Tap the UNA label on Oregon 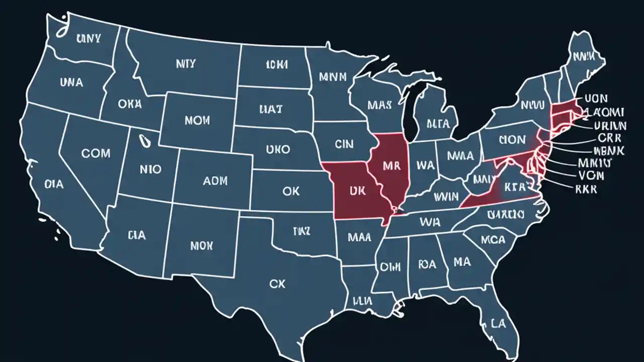pos(71,82)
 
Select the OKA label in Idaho pos(130,104)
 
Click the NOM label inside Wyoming pos(197,121)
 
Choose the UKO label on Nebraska pos(278,149)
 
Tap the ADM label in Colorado pos(215,180)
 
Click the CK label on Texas pos(277,284)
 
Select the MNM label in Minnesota pos(333,77)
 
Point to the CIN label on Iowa pos(344,144)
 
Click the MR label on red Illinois pos(390,166)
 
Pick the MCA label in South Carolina pos(493,240)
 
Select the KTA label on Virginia pos(513,187)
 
